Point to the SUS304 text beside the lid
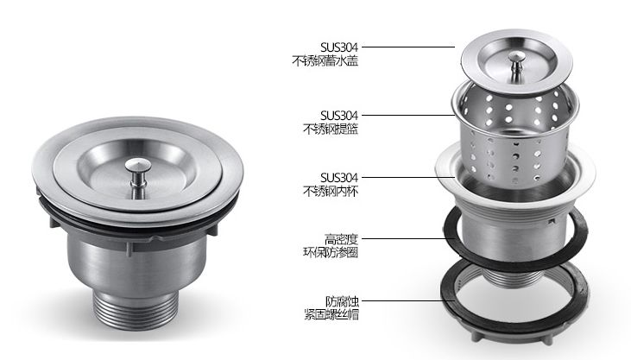[x=339, y=47]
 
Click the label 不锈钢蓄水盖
[x=325, y=60]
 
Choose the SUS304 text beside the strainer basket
[x=339, y=116]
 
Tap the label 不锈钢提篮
[x=331, y=129]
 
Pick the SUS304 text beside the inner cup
[x=339, y=177]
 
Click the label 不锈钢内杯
[x=331, y=191]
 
